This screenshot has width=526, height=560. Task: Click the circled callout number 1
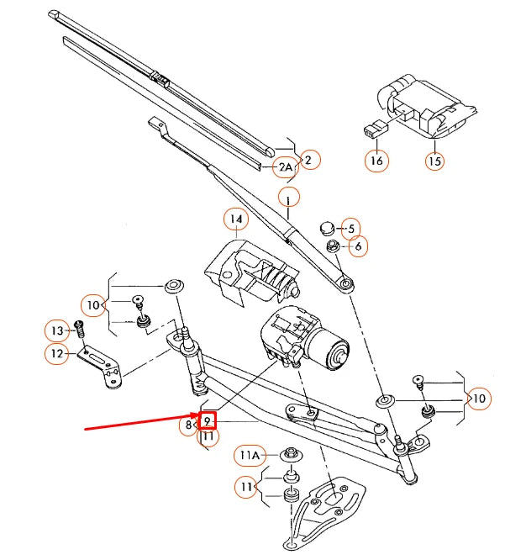288,199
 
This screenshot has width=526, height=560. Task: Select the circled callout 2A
287,167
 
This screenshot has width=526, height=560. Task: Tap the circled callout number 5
351,227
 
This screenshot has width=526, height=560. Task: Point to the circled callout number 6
358,246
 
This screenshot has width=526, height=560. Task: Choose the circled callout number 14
236,220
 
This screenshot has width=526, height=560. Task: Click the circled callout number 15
434,160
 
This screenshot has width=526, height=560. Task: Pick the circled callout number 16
377,160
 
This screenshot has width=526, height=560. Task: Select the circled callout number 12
57,354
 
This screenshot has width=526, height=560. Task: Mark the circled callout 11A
250,455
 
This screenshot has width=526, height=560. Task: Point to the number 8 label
189,425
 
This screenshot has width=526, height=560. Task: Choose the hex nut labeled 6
333,246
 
